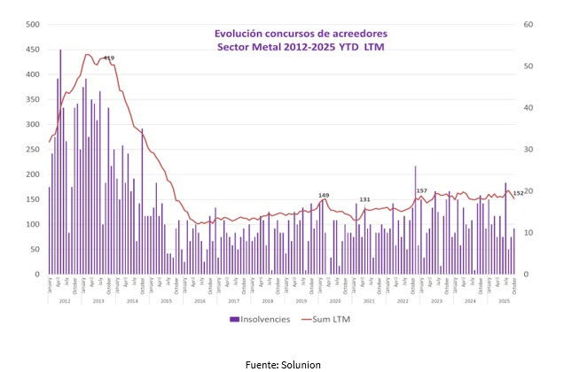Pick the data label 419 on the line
pos(109,58)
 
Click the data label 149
pos(324,195)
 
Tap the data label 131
pos(364,199)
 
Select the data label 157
pos(422,190)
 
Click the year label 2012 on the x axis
pos(64,301)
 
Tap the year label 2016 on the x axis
pos(200,301)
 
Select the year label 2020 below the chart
pos(335,301)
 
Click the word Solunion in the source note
pos(302,364)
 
